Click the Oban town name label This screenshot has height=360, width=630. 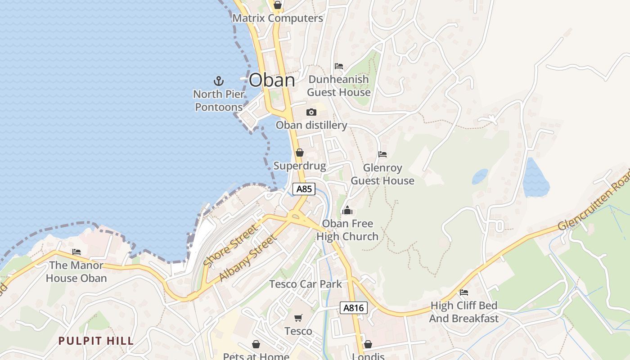point(272,81)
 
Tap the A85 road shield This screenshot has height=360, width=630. point(304,189)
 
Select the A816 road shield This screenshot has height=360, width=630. point(353,308)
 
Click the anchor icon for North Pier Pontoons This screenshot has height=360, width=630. point(218,81)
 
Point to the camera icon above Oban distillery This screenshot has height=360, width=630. point(311,112)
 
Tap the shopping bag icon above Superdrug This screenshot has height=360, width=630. point(300,153)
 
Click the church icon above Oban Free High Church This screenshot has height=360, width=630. point(347,210)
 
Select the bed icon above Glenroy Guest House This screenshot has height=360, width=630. point(382,154)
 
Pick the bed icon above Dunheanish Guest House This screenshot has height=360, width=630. point(339,66)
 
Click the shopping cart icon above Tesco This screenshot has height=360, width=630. point(298,318)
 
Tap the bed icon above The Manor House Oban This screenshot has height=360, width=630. point(76,252)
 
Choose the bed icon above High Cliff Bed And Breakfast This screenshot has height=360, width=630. point(464,292)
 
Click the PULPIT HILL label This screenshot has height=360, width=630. point(96,341)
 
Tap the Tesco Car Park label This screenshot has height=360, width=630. point(306,284)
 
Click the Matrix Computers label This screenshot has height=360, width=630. point(278,18)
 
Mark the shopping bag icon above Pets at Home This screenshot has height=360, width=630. point(256,344)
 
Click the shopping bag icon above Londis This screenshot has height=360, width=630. point(368,344)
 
